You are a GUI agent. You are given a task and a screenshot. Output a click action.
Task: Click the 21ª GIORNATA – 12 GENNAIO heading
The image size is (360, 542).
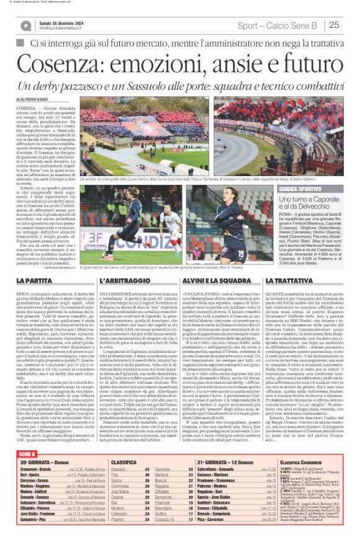(x=227, y=462)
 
